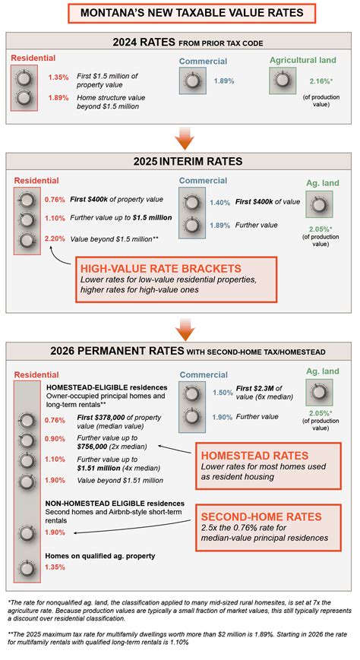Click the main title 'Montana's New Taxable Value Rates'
click(180, 13)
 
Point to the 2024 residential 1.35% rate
click(58, 77)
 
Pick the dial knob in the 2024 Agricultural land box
click(283, 80)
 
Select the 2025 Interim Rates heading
click(180, 161)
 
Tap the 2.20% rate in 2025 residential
click(55, 239)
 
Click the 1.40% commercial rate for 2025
click(219, 203)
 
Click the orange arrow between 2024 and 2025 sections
click(180, 137)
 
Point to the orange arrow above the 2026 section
click(180, 328)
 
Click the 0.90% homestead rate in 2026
click(55, 439)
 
